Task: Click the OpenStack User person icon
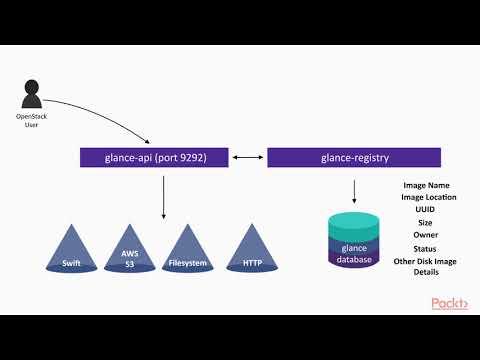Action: [x=30, y=96]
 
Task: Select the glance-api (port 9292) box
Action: [x=156, y=157]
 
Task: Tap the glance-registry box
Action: [x=354, y=157]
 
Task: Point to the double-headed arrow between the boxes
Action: [x=248, y=157]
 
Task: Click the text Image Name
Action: [x=426, y=185]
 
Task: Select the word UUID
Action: [x=426, y=210]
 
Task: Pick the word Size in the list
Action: [x=426, y=223]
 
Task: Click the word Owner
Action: [x=426, y=235]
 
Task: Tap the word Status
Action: [x=426, y=248]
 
